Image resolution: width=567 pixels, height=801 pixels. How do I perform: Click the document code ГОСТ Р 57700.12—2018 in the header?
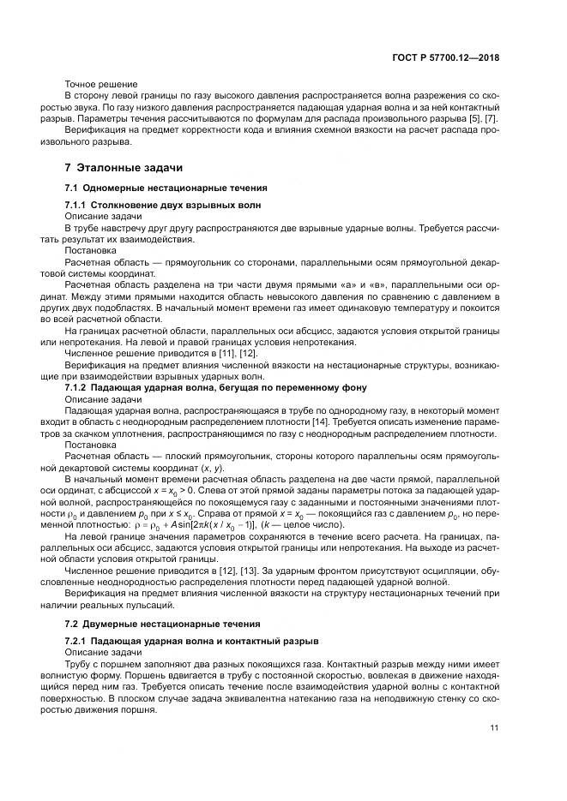tap(447, 58)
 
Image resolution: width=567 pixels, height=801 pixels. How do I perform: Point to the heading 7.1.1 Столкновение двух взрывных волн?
tap(162, 206)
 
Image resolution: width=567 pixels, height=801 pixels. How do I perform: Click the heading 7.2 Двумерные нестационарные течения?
tap(164, 623)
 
